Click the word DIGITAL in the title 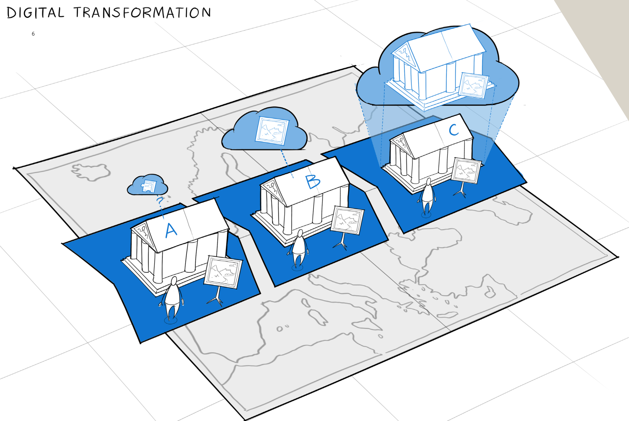pos(35,13)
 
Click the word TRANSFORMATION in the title pos(142,13)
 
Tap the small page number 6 pos(33,34)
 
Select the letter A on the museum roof pos(171,230)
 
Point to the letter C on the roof pos(453,130)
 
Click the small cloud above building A pos(147,186)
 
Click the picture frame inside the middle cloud pos(272,130)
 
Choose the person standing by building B pos(299,248)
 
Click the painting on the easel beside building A pos(223,271)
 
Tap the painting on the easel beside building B pos(347,220)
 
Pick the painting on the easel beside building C pos(465,170)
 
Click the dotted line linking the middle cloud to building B pos(287,163)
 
